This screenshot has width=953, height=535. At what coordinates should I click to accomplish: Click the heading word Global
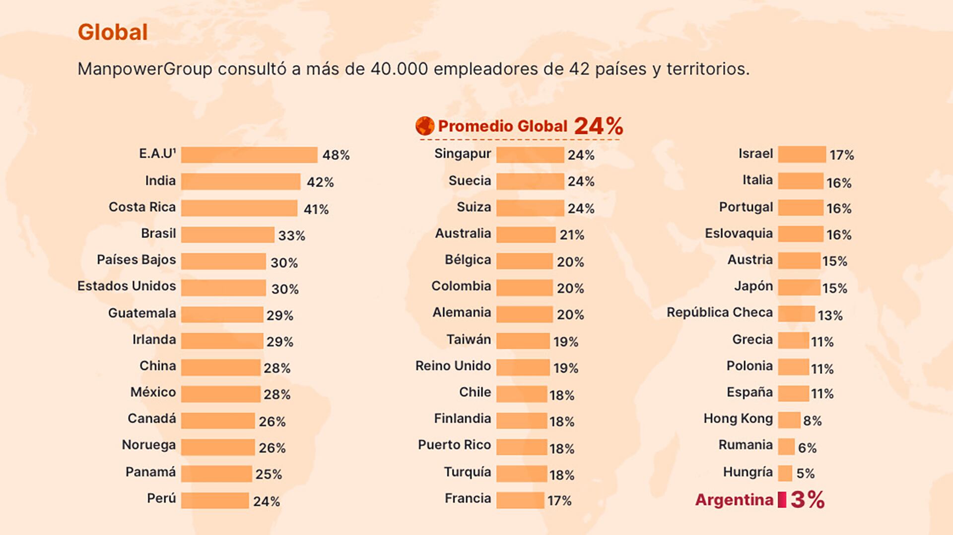[113, 32]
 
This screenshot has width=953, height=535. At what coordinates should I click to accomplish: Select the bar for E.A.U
[249, 155]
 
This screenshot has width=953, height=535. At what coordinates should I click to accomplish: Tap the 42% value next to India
[320, 182]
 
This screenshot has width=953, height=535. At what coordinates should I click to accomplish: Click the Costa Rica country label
[142, 207]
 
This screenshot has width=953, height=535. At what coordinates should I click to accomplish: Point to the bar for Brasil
[227, 235]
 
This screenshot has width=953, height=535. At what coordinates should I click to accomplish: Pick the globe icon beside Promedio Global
[425, 126]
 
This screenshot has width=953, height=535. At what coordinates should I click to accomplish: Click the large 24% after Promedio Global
[598, 126]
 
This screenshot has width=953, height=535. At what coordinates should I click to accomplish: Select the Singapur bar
[530, 155]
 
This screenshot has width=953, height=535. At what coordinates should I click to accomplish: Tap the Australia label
[463, 233]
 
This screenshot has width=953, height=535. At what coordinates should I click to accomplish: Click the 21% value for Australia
[572, 235]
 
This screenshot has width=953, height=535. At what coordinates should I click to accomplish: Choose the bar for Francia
[520, 500]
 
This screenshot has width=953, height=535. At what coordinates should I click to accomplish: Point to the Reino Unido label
[453, 366]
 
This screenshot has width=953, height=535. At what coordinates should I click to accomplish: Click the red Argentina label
[734, 500]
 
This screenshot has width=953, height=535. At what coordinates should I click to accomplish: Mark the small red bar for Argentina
[782, 500]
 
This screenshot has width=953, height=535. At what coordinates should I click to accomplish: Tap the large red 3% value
[808, 500]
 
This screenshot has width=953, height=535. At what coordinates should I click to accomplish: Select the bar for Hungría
[785, 473]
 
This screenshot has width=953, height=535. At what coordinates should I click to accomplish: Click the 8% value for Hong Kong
[812, 421]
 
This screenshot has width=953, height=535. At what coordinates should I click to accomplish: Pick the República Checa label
[719, 312]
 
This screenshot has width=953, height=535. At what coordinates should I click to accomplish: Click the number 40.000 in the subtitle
[399, 69]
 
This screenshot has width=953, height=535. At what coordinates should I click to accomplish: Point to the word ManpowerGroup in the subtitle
[145, 69]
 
